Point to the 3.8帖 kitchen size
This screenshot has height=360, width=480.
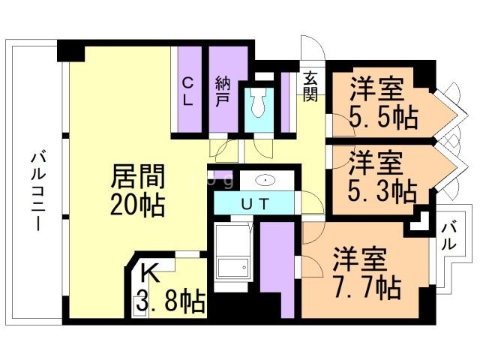point(170,302)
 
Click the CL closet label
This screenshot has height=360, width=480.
point(187,91)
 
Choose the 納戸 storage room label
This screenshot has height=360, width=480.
point(223,91)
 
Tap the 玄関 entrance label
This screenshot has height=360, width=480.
point(311,85)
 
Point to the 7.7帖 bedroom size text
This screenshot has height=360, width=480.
point(366,286)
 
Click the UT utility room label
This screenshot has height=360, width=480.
point(253,202)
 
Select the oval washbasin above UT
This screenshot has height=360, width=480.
point(267,181)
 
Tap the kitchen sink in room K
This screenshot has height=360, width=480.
point(140,304)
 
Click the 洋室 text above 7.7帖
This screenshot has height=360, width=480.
point(360,259)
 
